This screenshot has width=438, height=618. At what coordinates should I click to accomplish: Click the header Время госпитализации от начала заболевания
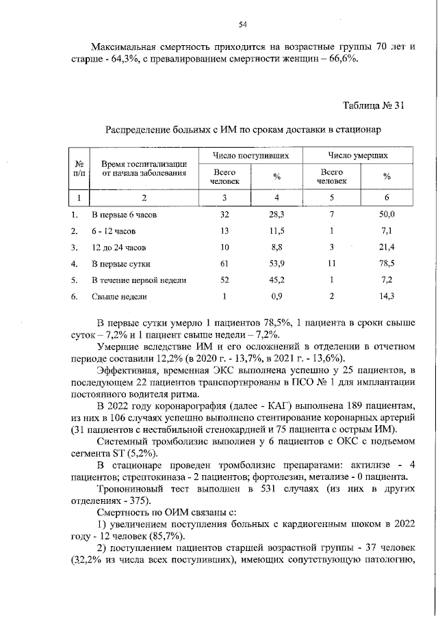coord(144,168)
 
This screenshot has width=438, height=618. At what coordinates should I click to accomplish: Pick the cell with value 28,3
coord(277,215)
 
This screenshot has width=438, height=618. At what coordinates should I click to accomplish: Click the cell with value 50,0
coord(387,215)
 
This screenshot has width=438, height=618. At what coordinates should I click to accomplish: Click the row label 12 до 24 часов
coord(117,247)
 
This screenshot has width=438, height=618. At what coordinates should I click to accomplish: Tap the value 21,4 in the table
coord(387,247)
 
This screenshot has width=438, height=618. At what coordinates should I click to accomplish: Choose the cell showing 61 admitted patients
coord(224,263)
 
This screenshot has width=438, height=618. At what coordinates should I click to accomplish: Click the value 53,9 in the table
coord(277,263)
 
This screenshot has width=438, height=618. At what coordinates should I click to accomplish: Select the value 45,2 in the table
coord(277,280)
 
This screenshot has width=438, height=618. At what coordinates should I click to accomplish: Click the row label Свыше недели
coord(119,297)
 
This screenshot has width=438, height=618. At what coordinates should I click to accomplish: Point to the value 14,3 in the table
coord(387,297)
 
